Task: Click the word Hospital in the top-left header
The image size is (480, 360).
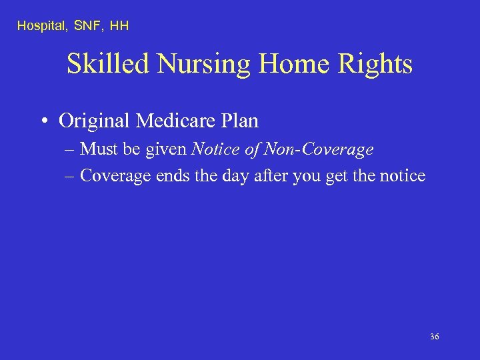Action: pyautogui.click(x=38, y=26)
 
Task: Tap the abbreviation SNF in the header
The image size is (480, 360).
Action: pyautogui.click(x=85, y=26)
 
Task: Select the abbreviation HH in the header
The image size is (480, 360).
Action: pyautogui.click(x=119, y=26)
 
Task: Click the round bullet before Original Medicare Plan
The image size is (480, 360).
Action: pyautogui.click(x=43, y=121)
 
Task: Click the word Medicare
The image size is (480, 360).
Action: pyautogui.click(x=174, y=121)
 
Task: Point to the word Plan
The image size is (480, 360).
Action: pyautogui.click(x=241, y=121)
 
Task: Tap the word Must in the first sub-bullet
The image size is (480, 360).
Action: pyautogui.click(x=97, y=150)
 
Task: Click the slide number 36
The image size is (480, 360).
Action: pyautogui.click(x=434, y=337)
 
